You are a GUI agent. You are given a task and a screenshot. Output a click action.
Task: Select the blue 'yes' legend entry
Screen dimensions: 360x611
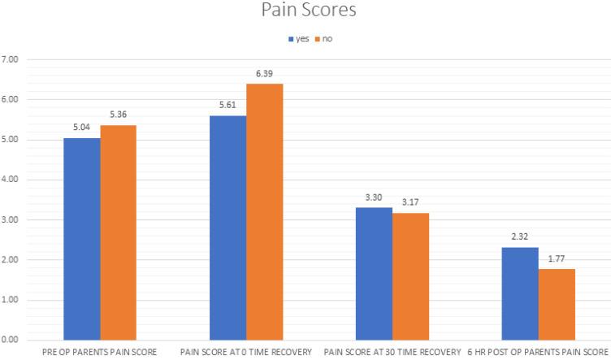click(297, 39)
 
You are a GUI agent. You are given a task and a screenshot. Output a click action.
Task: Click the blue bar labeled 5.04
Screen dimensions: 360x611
click(82, 239)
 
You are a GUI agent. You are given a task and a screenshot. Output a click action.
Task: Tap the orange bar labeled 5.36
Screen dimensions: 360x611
click(119, 232)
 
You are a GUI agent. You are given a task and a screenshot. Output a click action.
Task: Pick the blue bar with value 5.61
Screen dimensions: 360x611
click(227, 228)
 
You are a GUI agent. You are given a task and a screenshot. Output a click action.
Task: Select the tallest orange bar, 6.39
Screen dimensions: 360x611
click(264, 211)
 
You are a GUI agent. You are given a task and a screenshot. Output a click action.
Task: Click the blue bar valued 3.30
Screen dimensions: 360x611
click(374, 274)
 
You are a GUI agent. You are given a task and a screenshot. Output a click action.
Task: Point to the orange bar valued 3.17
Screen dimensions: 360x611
click(410, 276)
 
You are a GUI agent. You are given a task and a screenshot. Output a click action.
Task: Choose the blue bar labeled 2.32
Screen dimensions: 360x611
click(519, 293)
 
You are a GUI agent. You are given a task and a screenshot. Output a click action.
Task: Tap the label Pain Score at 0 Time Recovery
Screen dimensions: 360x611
click(245, 352)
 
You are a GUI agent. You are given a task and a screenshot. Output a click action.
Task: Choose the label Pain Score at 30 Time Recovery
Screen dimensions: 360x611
click(392, 352)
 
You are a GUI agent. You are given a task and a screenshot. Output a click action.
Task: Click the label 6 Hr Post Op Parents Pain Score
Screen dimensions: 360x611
click(538, 352)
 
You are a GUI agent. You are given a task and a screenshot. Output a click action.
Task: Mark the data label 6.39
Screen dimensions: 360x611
click(264, 75)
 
